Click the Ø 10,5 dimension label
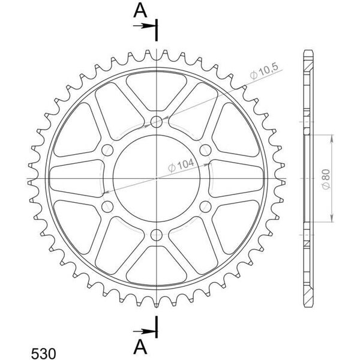[x=264, y=71]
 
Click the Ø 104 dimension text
[x=181, y=166]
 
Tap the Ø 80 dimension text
[x=326, y=179]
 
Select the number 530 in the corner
[x=43, y=353]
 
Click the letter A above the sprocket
[x=140, y=11]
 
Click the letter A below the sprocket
[x=140, y=347]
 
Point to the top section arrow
[x=145, y=26]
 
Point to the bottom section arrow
[x=145, y=331]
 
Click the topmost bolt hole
[x=157, y=121]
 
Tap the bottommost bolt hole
[x=157, y=235]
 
